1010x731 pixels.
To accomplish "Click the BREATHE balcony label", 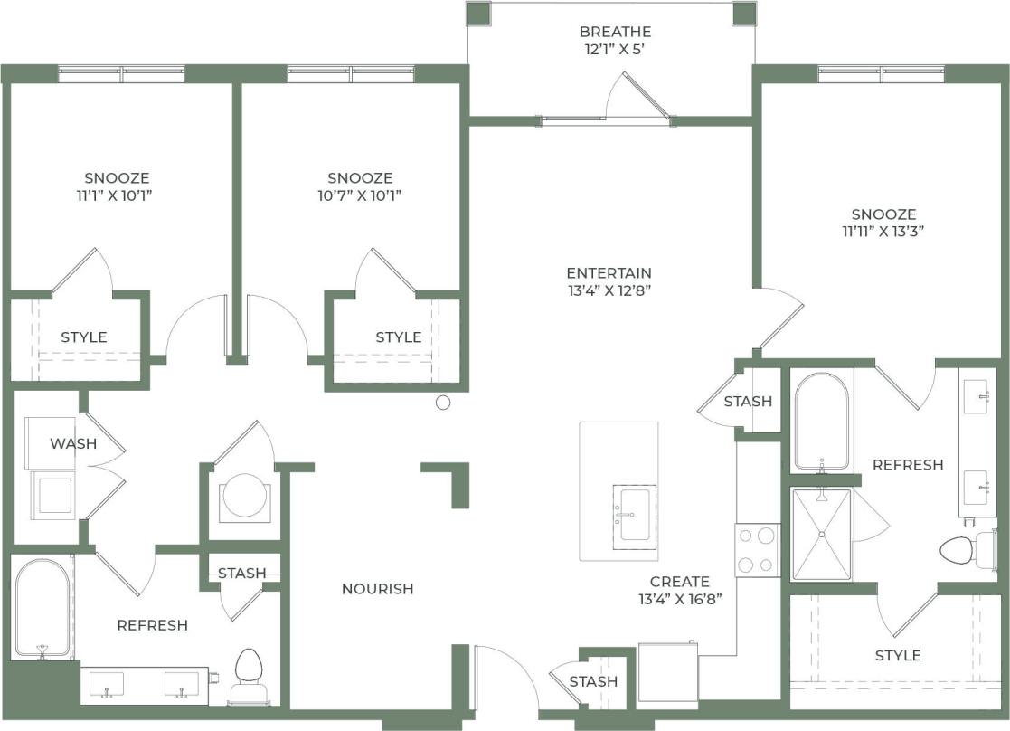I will click(615, 32).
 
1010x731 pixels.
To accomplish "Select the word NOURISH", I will click(377, 589).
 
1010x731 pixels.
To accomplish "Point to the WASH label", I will click(73, 443).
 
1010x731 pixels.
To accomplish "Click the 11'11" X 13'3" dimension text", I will click(883, 231).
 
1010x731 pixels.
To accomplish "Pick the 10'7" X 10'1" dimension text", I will click(360, 195).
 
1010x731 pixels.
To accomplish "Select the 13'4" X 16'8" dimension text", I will click(680, 598).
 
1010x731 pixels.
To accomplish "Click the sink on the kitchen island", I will click(635, 517).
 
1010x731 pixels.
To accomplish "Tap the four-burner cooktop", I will click(757, 550).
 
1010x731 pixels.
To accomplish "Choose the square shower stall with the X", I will click(821, 535).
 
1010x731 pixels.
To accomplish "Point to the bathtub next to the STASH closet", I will click(821, 421).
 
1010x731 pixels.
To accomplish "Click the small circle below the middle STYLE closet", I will click(443, 403).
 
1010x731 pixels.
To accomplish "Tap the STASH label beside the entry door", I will click(593, 681).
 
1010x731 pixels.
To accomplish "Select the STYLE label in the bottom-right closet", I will click(898, 655).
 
